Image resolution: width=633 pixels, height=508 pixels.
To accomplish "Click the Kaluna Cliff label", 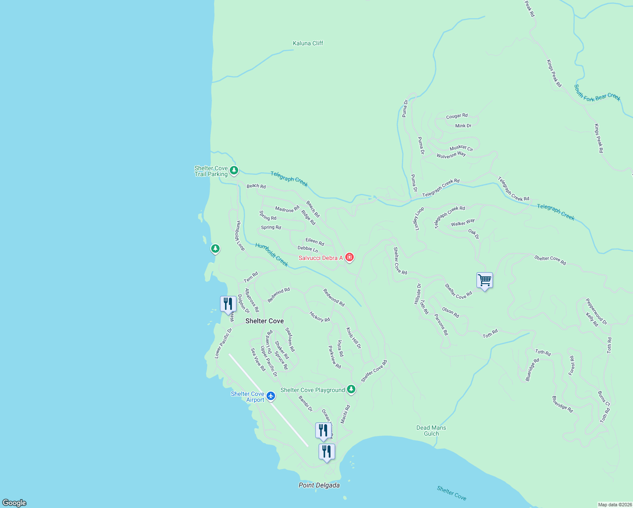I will (308, 43).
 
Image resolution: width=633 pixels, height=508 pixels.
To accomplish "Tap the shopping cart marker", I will (484, 280).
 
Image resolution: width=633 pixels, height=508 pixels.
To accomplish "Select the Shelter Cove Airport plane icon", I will (271, 396).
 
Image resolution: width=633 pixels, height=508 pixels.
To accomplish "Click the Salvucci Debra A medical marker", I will (349, 257).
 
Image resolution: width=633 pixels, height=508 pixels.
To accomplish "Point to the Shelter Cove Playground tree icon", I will (351, 389).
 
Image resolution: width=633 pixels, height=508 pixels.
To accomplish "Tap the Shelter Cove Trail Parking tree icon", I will (234, 171).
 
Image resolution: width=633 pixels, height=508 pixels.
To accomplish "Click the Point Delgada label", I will (319, 485).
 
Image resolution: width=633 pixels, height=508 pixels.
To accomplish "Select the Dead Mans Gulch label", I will (431, 431).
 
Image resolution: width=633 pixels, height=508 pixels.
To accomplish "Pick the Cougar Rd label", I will (457, 116).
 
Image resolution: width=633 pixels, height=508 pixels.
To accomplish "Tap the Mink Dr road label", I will (463, 126).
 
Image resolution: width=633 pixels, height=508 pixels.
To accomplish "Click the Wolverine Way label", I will (451, 155).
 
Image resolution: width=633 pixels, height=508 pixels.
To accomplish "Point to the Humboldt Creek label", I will (272, 255).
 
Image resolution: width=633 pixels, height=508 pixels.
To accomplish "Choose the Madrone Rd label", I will (287, 209).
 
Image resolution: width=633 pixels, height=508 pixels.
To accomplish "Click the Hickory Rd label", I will (319, 317).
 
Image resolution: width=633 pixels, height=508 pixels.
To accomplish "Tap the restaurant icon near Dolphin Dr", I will (228, 304).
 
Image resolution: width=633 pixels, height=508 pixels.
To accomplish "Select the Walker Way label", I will (462, 223).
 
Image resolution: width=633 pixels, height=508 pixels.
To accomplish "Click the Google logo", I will (14, 502).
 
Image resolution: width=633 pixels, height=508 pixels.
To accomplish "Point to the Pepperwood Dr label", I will (596, 312).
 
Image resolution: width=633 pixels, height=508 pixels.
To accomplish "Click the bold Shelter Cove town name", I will (264, 321).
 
